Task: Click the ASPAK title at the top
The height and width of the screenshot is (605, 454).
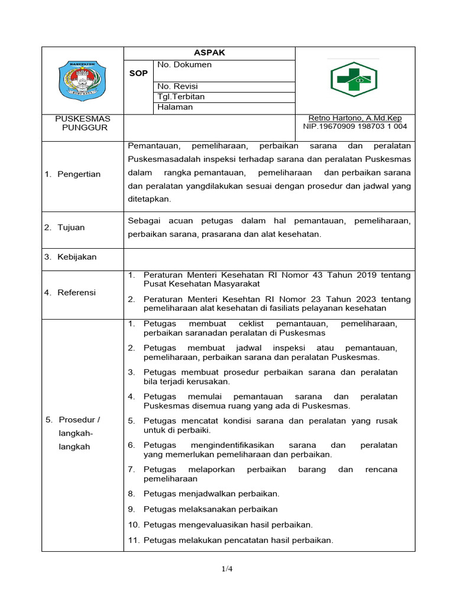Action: click(209, 53)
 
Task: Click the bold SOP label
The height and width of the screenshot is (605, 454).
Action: click(138, 73)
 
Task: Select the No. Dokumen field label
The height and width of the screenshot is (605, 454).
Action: click(184, 65)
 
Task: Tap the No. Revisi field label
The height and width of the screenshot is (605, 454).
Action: click(177, 86)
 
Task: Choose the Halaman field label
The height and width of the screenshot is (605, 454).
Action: click(175, 107)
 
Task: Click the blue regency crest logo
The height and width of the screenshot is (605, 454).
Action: click(82, 81)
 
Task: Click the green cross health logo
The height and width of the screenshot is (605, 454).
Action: click(354, 79)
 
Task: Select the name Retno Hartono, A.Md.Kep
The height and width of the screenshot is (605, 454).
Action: click(355, 118)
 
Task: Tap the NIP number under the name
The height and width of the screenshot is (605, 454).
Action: click(355, 126)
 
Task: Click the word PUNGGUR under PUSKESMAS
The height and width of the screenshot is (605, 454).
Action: click(85, 128)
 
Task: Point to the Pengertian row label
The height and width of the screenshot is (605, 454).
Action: click(79, 174)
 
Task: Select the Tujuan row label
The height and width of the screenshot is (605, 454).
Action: click(71, 227)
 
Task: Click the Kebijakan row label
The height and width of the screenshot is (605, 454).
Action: click(77, 257)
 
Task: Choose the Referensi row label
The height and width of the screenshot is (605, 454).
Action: click(76, 292)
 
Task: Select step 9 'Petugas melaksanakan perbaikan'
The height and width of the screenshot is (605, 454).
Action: click(210, 509)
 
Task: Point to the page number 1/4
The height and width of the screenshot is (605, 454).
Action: click(227, 569)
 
